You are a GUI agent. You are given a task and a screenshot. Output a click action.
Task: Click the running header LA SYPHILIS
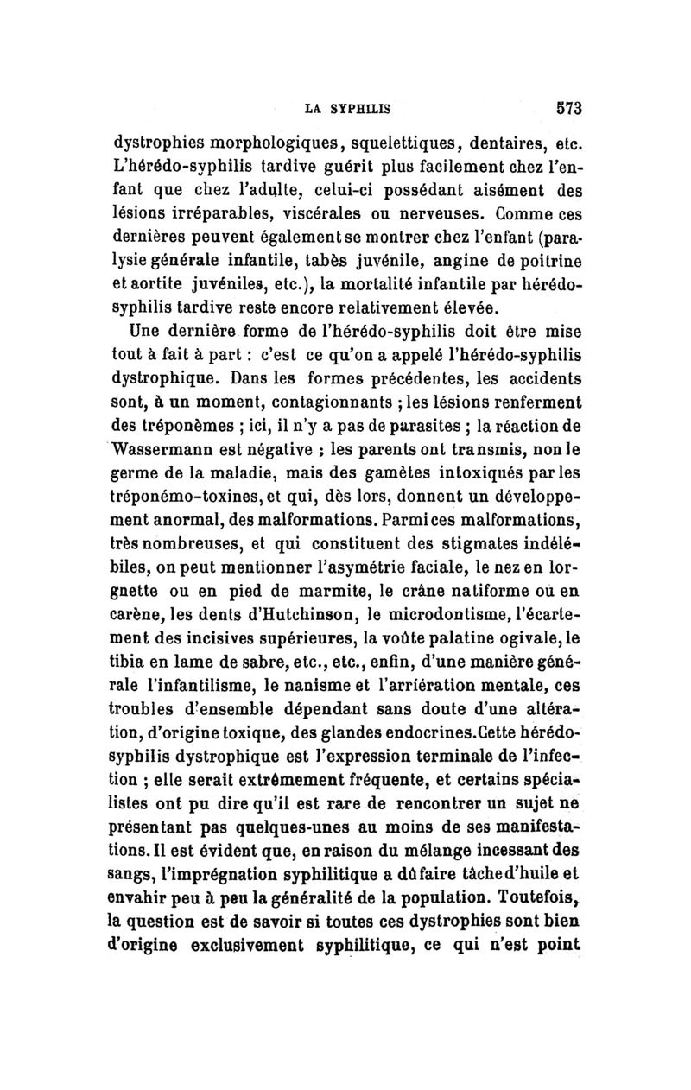[349, 110]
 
